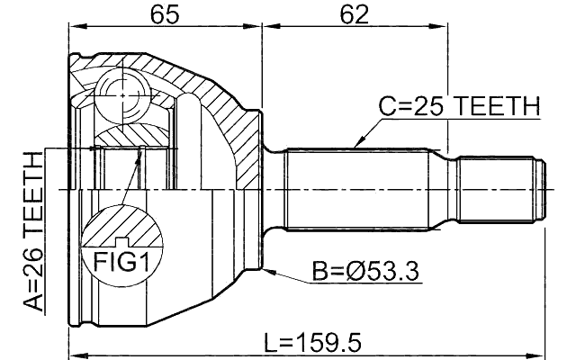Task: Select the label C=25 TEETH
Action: (458, 107)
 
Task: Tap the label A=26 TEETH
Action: (32, 231)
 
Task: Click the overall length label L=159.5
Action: (313, 342)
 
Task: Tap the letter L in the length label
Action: (270, 342)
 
